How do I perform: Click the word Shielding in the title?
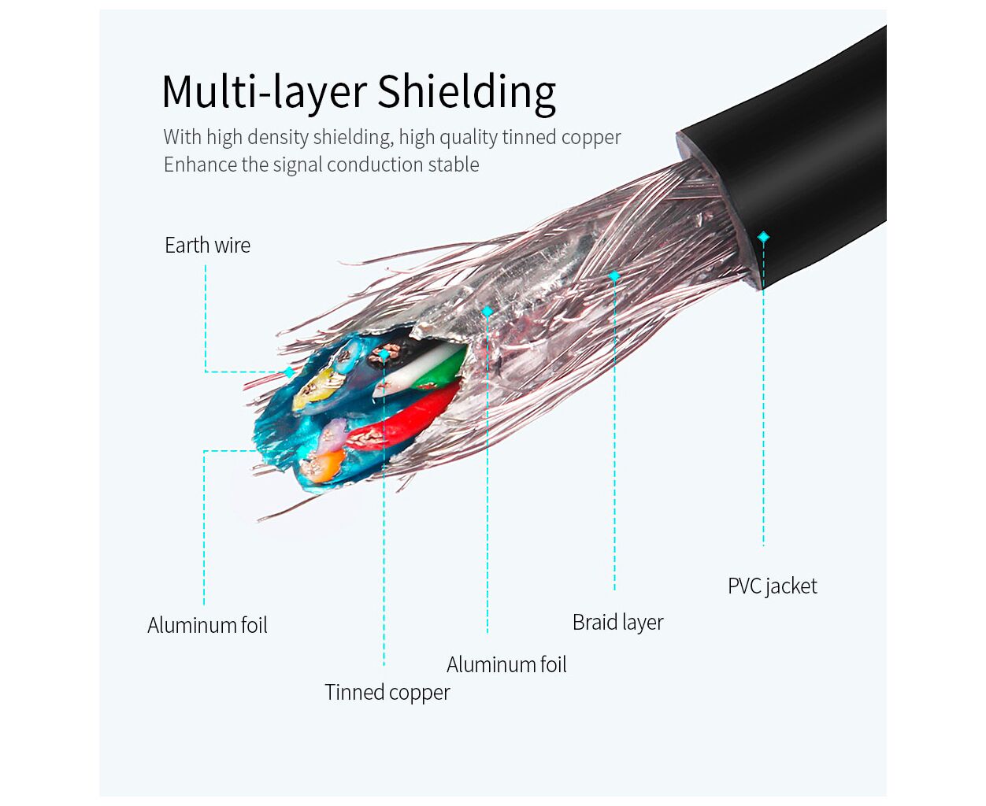point(466,92)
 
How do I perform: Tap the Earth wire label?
point(207,246)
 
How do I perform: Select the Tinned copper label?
point(387,693)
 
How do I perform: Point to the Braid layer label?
point(617,623)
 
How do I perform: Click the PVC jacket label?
point(772,586)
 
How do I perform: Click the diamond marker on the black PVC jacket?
point(762,237)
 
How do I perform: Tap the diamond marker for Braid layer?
point(614,276)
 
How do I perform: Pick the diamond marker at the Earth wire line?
point(289,372)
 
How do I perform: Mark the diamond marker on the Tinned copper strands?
point(384,355)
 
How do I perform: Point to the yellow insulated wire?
point(315,390)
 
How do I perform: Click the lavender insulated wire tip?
point(334,431)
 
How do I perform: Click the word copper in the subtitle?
point(591,138)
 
